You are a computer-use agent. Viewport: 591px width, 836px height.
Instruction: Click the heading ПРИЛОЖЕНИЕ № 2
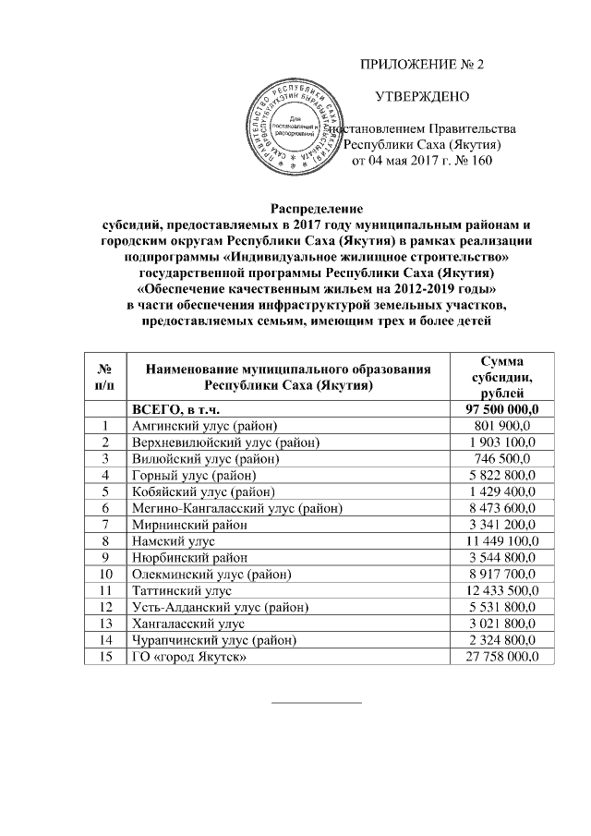click(421, 66)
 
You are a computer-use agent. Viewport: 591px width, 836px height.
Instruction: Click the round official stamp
click(293, 127)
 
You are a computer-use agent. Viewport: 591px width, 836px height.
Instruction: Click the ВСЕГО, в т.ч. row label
click(176, 409)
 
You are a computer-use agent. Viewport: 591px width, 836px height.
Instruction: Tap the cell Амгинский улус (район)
click(199, 426)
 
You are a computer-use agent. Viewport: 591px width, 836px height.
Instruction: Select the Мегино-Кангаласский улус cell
click(236, 508)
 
